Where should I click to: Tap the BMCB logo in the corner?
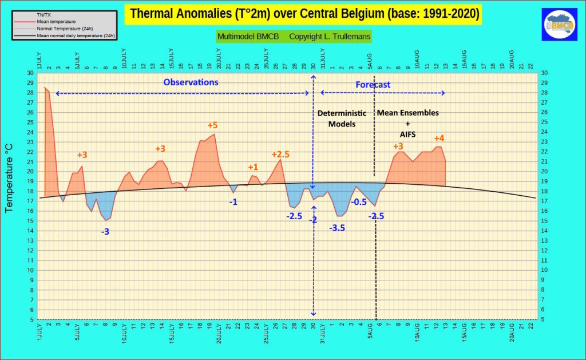560,25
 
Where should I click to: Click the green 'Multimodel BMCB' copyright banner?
294,37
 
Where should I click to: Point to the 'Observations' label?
191,82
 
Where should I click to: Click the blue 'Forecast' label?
373,85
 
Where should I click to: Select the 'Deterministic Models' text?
342,118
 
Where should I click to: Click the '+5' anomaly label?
212,125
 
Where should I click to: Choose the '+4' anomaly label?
439,138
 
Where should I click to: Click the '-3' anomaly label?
105,232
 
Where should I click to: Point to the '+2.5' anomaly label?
280,155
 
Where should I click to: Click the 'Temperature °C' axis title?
9,179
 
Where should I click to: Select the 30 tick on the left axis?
30,73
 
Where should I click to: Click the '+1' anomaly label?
253,167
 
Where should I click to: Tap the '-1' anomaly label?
233,202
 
